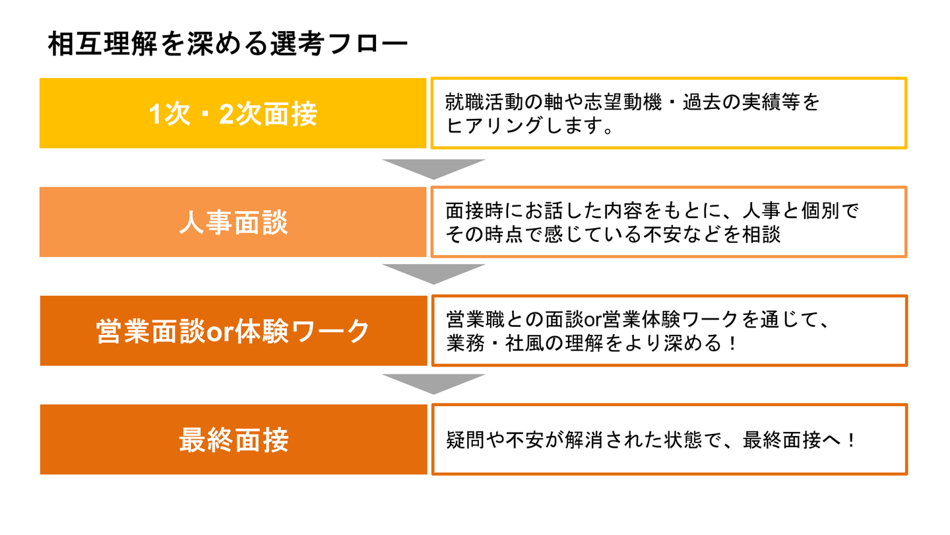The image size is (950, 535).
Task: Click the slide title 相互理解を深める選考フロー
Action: (x=228, y=44)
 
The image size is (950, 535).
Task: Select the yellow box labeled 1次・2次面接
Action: (x=233, y=113)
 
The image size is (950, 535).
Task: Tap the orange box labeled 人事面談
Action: (x=233, y=222)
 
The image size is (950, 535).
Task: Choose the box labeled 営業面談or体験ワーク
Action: (x=234, y=331)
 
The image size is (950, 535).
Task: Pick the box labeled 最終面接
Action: (x=234, y=439)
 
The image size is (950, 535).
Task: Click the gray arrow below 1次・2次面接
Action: (x=433, y=169)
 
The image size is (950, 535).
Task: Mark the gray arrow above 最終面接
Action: (x=433, y=384)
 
